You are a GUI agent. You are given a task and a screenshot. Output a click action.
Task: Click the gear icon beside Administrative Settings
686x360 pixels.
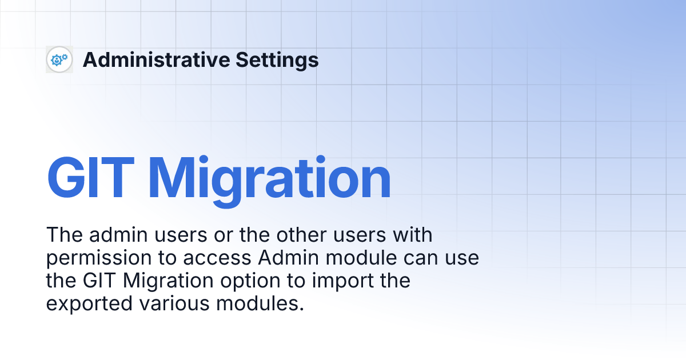tap(59, 59)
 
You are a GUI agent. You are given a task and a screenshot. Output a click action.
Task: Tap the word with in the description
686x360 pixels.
tap(413, 234)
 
